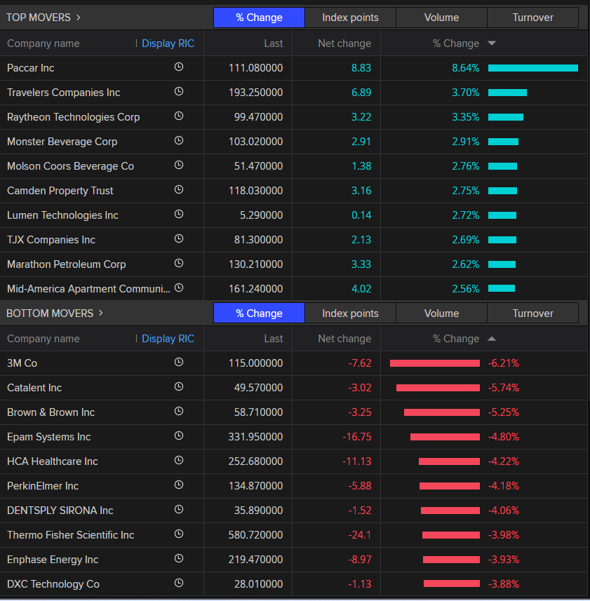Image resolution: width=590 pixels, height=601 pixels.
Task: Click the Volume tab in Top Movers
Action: click(x=441, y=18)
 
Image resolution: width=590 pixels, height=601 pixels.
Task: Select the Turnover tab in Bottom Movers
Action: click(x=532, y=313)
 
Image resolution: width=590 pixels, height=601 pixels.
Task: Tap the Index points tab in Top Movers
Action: click(x=350, y=18)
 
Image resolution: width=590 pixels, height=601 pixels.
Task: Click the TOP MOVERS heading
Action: click(x=43, y=18)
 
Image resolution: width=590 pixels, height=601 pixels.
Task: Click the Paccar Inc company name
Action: click(x=31, y=68)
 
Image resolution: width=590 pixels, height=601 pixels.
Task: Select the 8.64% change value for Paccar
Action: click(x=465, y=68)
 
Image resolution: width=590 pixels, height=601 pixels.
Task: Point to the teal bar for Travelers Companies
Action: click(x=507, y=93)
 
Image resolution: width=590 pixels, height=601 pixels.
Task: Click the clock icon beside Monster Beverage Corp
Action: click(x=179, y=141)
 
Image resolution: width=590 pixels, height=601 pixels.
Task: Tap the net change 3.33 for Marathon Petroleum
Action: click(x=361, y=264)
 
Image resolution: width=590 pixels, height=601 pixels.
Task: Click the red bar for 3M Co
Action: click(x=435, y=363)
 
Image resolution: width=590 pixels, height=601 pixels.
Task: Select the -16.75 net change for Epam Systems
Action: click(x=357, y=437)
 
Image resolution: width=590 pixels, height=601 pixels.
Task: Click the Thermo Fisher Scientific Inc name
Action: click(x=70, y=535)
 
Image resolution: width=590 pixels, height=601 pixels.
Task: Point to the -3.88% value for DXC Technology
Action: click(x=503, y=584)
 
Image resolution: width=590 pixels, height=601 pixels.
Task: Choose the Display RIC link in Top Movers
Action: click(x=168, y=43)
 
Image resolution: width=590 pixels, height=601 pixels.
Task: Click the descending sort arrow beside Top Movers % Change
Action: click(x=492, y=43)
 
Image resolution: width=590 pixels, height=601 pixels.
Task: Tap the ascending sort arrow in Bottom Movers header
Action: click(x=492, y=339)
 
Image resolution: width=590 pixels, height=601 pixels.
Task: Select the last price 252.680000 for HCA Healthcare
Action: click(x=255, y=461)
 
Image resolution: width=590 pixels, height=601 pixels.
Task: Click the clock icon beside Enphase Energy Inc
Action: click(x=179, y=559)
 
